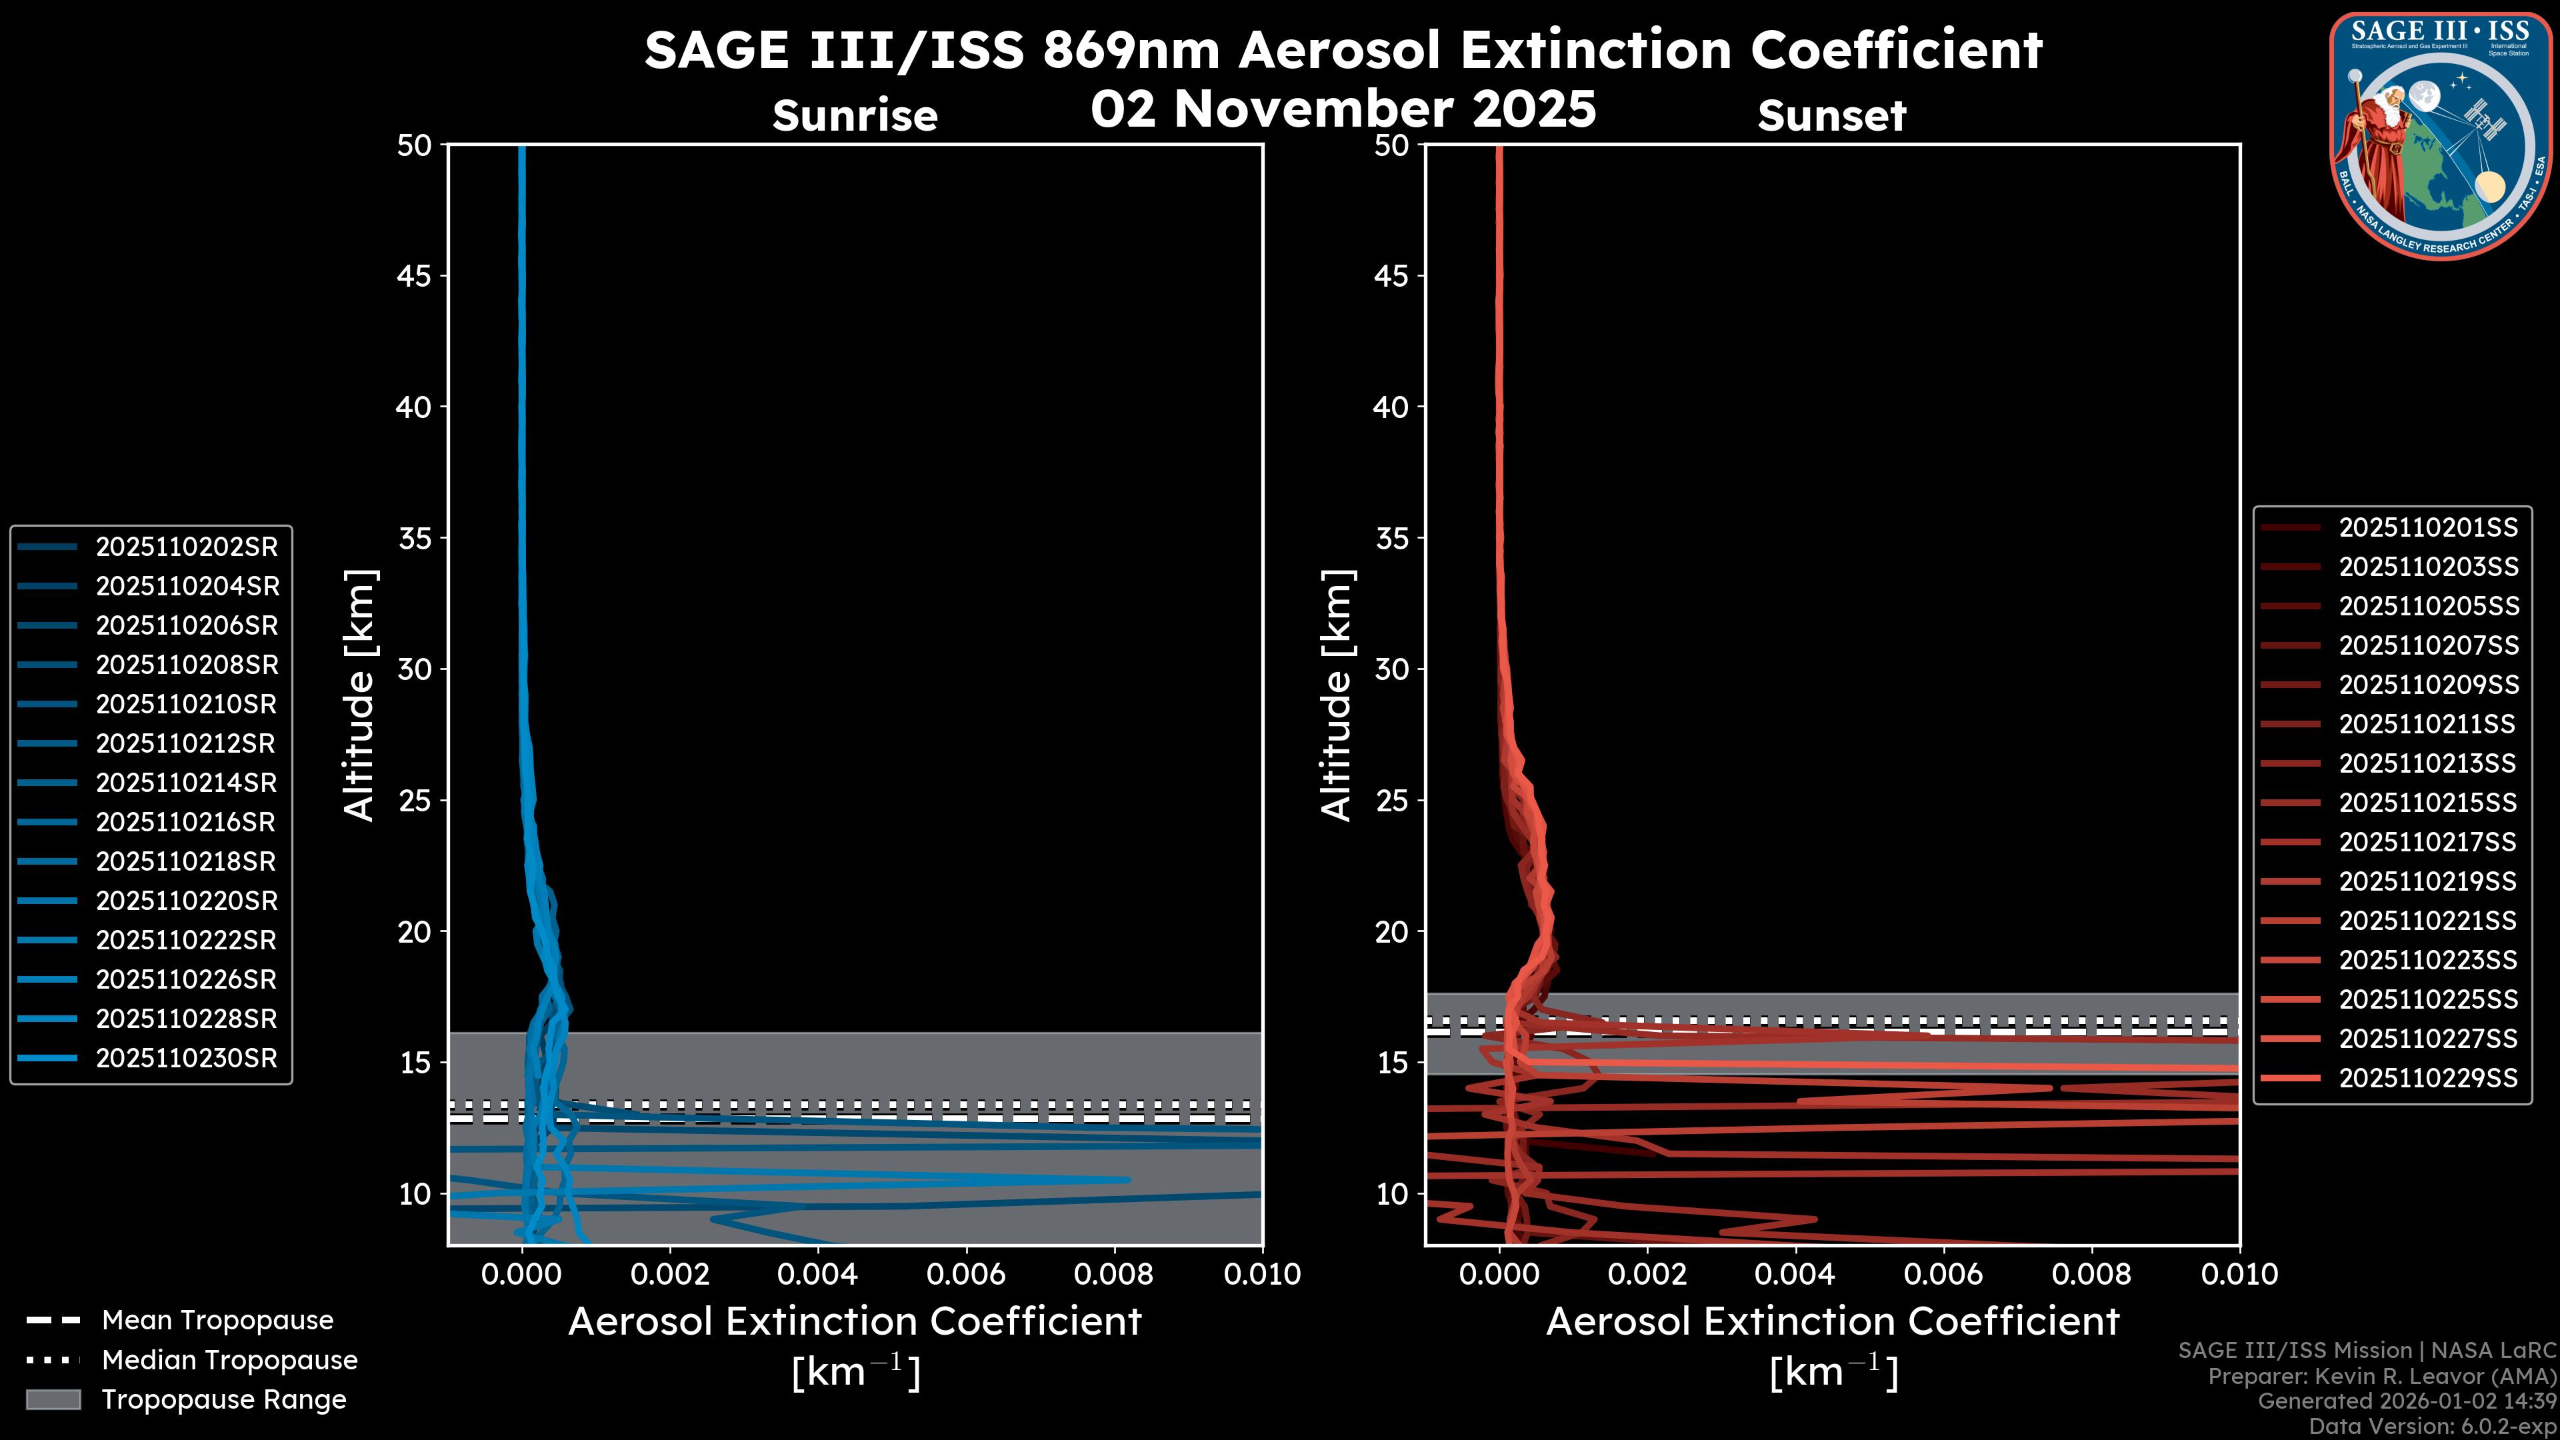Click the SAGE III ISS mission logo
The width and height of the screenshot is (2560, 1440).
pos(2441,136)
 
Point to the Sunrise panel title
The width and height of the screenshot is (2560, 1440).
pos(855,115)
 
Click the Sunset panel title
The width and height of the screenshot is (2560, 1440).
pos(1831,115)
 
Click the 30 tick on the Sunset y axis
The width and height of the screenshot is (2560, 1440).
pos(1391,669)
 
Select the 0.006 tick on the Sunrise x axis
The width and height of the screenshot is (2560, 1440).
pos(966,1274)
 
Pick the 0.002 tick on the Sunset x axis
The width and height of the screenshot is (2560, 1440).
pos(1647,1274)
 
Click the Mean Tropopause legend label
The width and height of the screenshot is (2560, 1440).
pos(217,1320)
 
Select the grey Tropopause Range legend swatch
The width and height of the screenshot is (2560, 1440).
pos(53,1399)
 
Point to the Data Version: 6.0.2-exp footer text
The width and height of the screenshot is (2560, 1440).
pos(2432,1426)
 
